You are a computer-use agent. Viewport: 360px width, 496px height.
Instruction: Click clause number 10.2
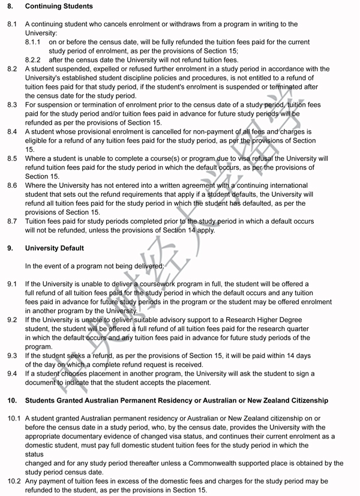coord(13,482)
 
